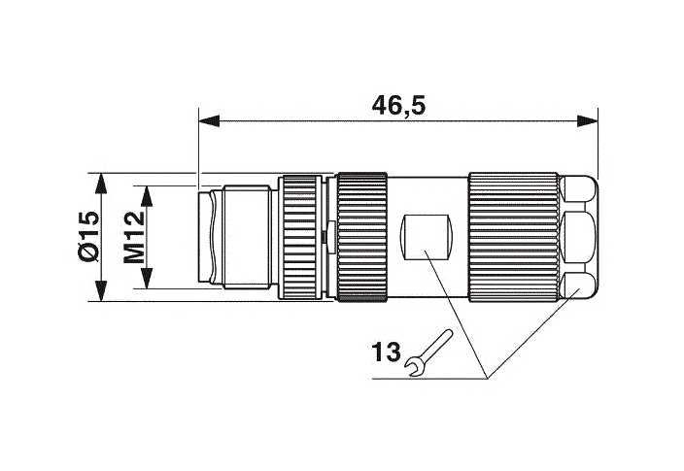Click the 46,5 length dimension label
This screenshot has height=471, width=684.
coord(398,106)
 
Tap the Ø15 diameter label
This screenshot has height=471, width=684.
coord(88,237)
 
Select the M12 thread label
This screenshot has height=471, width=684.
coord(133,237)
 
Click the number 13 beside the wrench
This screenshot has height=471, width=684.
coord(386,352)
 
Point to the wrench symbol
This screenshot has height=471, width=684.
coord(429,353)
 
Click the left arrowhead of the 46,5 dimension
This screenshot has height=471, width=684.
coord(210,120)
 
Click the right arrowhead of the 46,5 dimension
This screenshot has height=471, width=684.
coord(587,120)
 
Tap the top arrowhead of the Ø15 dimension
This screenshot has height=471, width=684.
coord(101,184)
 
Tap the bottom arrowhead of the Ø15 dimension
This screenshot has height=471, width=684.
coord(101,290)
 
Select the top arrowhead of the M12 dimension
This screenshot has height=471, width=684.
coord(147,196)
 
